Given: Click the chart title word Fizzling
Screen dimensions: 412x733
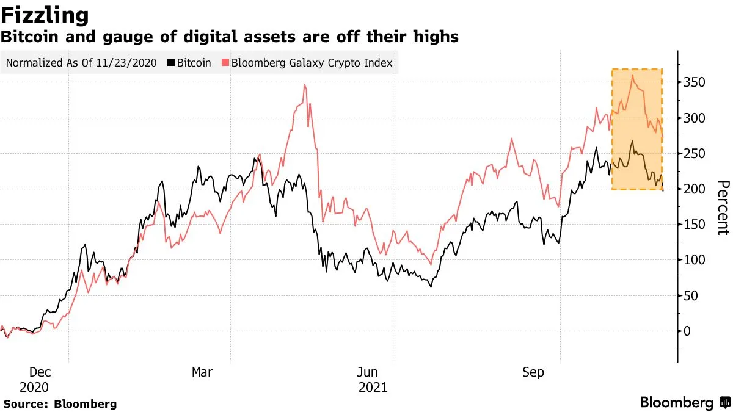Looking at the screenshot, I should click(x=45, y=15).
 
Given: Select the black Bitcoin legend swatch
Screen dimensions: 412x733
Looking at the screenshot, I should click(x=172, y=63).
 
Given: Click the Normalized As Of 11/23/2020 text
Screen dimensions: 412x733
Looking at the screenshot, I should click(x=81, y=63).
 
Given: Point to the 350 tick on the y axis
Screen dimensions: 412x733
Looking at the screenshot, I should click(x=695, y=82).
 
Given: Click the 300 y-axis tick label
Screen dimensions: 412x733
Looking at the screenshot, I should click(x=695, y=118).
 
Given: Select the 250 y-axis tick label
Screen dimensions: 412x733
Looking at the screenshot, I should click(x=695, y=153).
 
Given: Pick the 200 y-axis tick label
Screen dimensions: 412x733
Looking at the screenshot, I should click(x=695, y=189).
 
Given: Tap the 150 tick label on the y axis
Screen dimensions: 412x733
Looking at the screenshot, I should click(x=695, y=225).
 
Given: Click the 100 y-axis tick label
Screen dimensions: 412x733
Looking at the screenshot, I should click(x=695, y=260).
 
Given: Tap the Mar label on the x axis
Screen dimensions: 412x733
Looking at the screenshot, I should click(x=203, y=372).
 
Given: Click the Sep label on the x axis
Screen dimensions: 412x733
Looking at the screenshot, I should click(x=533, y=372).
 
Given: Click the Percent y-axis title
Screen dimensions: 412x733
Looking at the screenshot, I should click(x=723, y=208).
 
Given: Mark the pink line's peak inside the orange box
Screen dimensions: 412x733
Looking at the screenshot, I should click(x=632, y=76).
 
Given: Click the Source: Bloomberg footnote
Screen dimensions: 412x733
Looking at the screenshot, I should click(x=60, y=403).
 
